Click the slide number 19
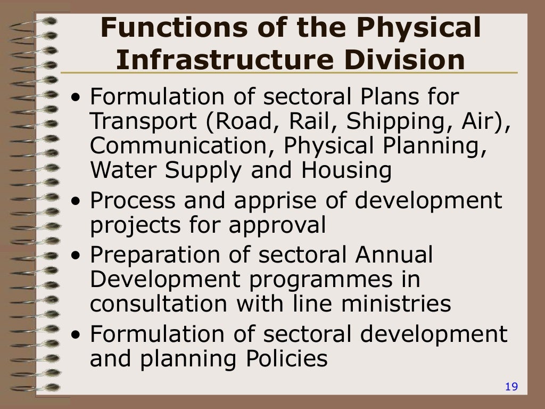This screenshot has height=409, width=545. [x=511, y=387]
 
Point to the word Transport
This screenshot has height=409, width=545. [x=143, y=122]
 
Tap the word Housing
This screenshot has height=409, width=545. [x=346, y=170]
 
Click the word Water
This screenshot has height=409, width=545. [x=120, y=170]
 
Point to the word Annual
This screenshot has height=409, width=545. [x=394, y=255]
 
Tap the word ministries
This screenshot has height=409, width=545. [x=395, y=304]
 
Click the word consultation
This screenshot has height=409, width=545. [x=159, y=304]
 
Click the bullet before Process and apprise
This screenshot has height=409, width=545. [x=78, y=203]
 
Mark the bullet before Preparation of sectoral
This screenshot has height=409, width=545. [x=78, y=257]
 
